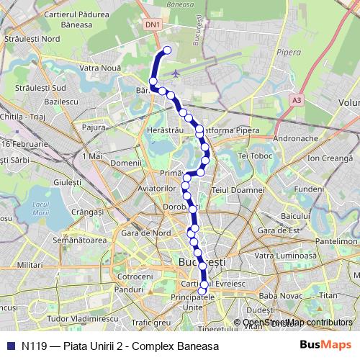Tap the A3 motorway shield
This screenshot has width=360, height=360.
click(297, 101)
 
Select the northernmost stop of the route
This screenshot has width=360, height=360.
click(167, 50)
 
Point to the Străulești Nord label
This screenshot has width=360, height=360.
click(32, 37)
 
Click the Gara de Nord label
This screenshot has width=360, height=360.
click(145, 233)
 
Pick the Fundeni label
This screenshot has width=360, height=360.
click(310, 189)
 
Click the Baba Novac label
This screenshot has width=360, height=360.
click(282, 295)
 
